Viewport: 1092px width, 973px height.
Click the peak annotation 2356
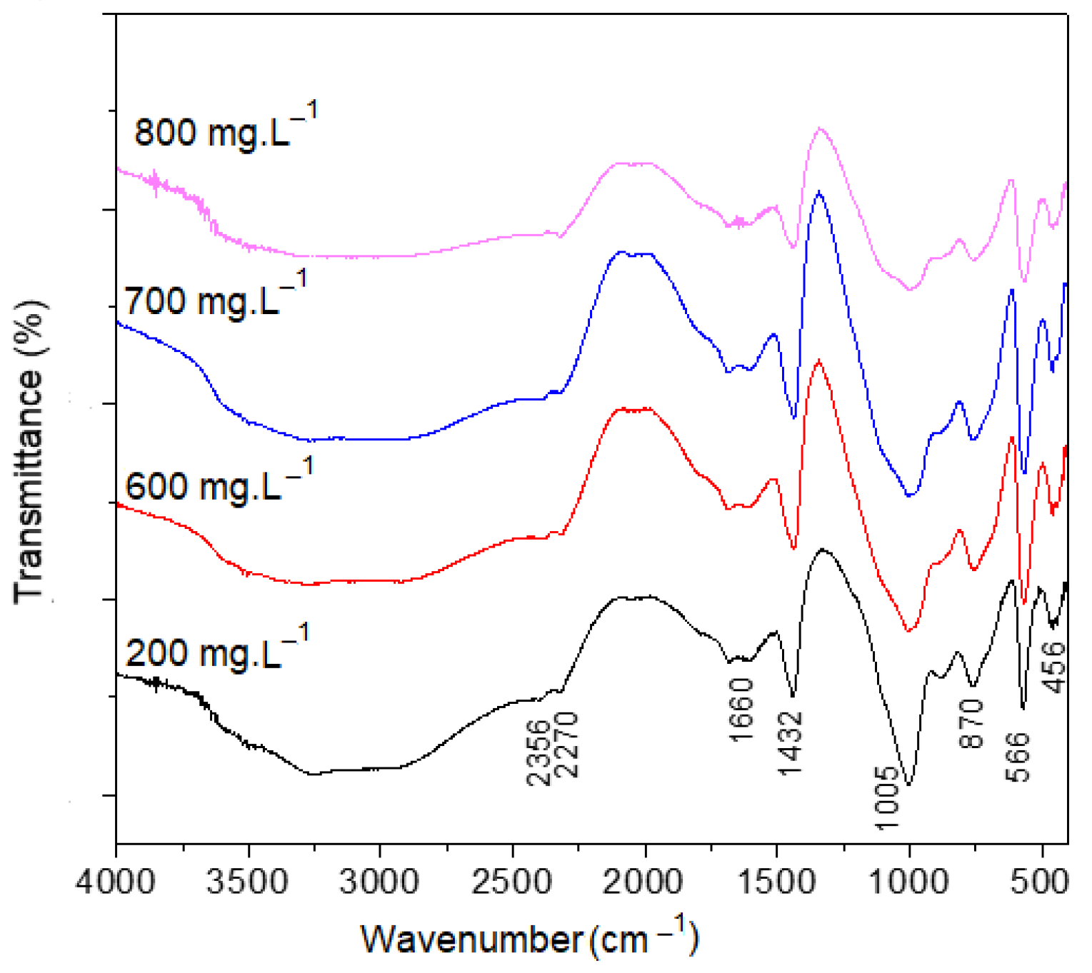pos(539,752)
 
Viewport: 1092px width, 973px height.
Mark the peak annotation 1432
pos(791,743)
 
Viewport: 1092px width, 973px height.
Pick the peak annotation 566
pos(1018,757)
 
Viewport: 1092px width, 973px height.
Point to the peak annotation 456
pos(1053,667)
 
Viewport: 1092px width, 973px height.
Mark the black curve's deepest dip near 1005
pos(908,785)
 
